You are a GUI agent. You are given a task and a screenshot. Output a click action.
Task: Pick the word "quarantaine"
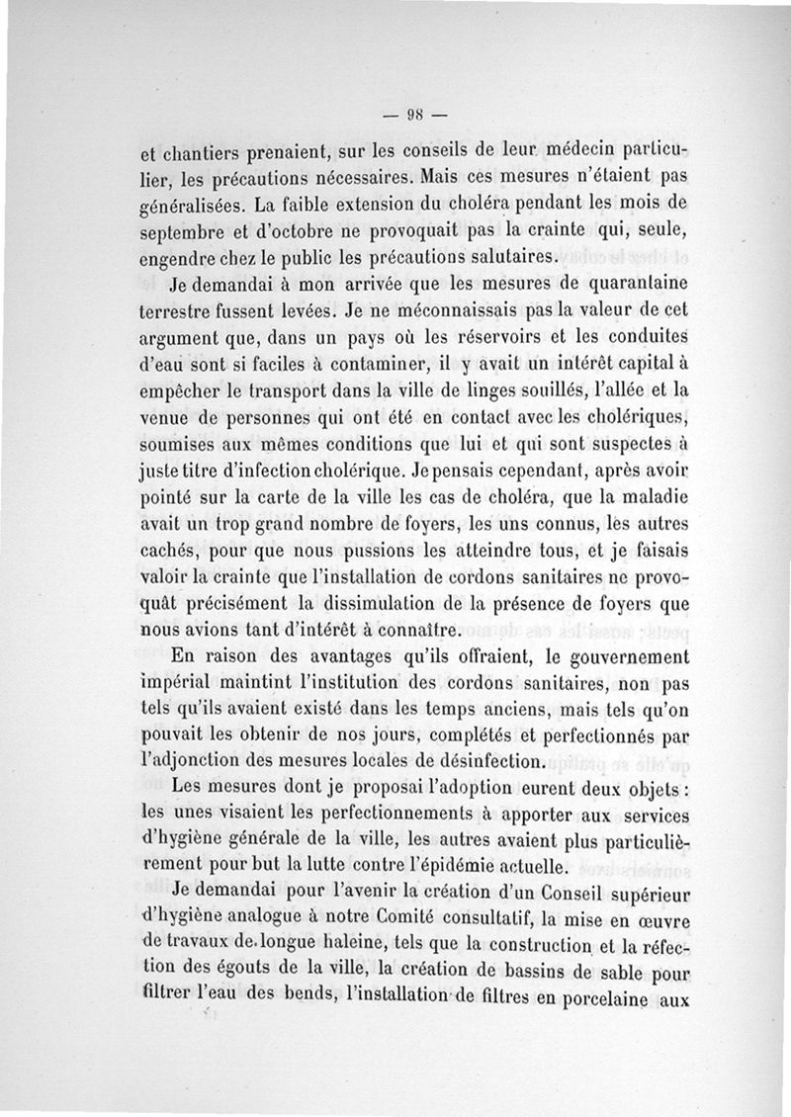pos(630,288)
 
